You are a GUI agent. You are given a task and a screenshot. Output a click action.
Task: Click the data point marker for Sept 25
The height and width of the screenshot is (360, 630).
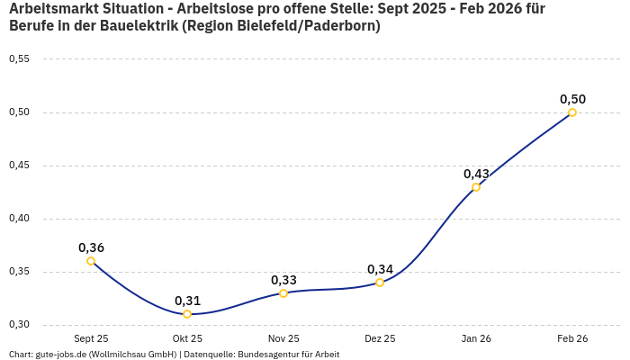pyautogui.click(x=91, y=261)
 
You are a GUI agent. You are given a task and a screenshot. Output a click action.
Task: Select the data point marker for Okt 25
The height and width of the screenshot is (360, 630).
pyautogui.click(x=187, y=314)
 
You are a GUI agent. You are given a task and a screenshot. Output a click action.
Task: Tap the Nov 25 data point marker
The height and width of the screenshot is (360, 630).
pyautogui.click(x=283, y=293)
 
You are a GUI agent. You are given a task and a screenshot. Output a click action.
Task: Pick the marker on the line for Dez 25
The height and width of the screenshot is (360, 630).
pyautogui.click(x=380, y=283)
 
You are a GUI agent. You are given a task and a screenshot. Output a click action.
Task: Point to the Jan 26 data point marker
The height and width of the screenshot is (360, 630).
pyautogui.click(x=476, y=187)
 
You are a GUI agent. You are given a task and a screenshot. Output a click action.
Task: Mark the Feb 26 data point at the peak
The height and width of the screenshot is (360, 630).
pyautogui.click(x=572, y=112)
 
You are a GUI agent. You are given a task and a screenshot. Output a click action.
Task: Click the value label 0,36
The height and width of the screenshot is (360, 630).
pyautogui.click(x=91, y=247)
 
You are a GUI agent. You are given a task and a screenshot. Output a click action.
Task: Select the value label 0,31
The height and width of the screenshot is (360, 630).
pyautogui.click(x=187, y=301)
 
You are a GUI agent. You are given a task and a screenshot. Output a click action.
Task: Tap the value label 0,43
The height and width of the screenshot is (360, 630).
pyautogui.click(x=476, y=174)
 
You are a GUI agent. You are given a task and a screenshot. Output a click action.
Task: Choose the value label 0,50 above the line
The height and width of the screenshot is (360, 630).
pyautogui.click(x=572, y=99)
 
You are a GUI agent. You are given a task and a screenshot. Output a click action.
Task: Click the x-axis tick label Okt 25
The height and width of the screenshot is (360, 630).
pyautogui.click(x=187, y=338)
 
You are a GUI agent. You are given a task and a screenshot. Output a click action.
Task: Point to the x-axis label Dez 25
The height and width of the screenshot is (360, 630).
pyautogui.click(x=380, y=338)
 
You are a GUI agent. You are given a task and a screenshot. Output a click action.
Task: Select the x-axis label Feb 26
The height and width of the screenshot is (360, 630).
pyautogui.click(x=572, y=338)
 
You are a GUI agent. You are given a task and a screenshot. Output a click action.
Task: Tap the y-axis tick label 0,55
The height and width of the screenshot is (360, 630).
pyautogui.click(x=19, y=59)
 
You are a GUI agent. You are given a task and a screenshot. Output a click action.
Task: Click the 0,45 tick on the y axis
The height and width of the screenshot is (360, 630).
pyautogui.click(x=19, y=166)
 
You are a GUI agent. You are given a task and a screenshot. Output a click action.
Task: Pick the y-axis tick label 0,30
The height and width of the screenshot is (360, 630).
pyautogui.click(x=19, y=325)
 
